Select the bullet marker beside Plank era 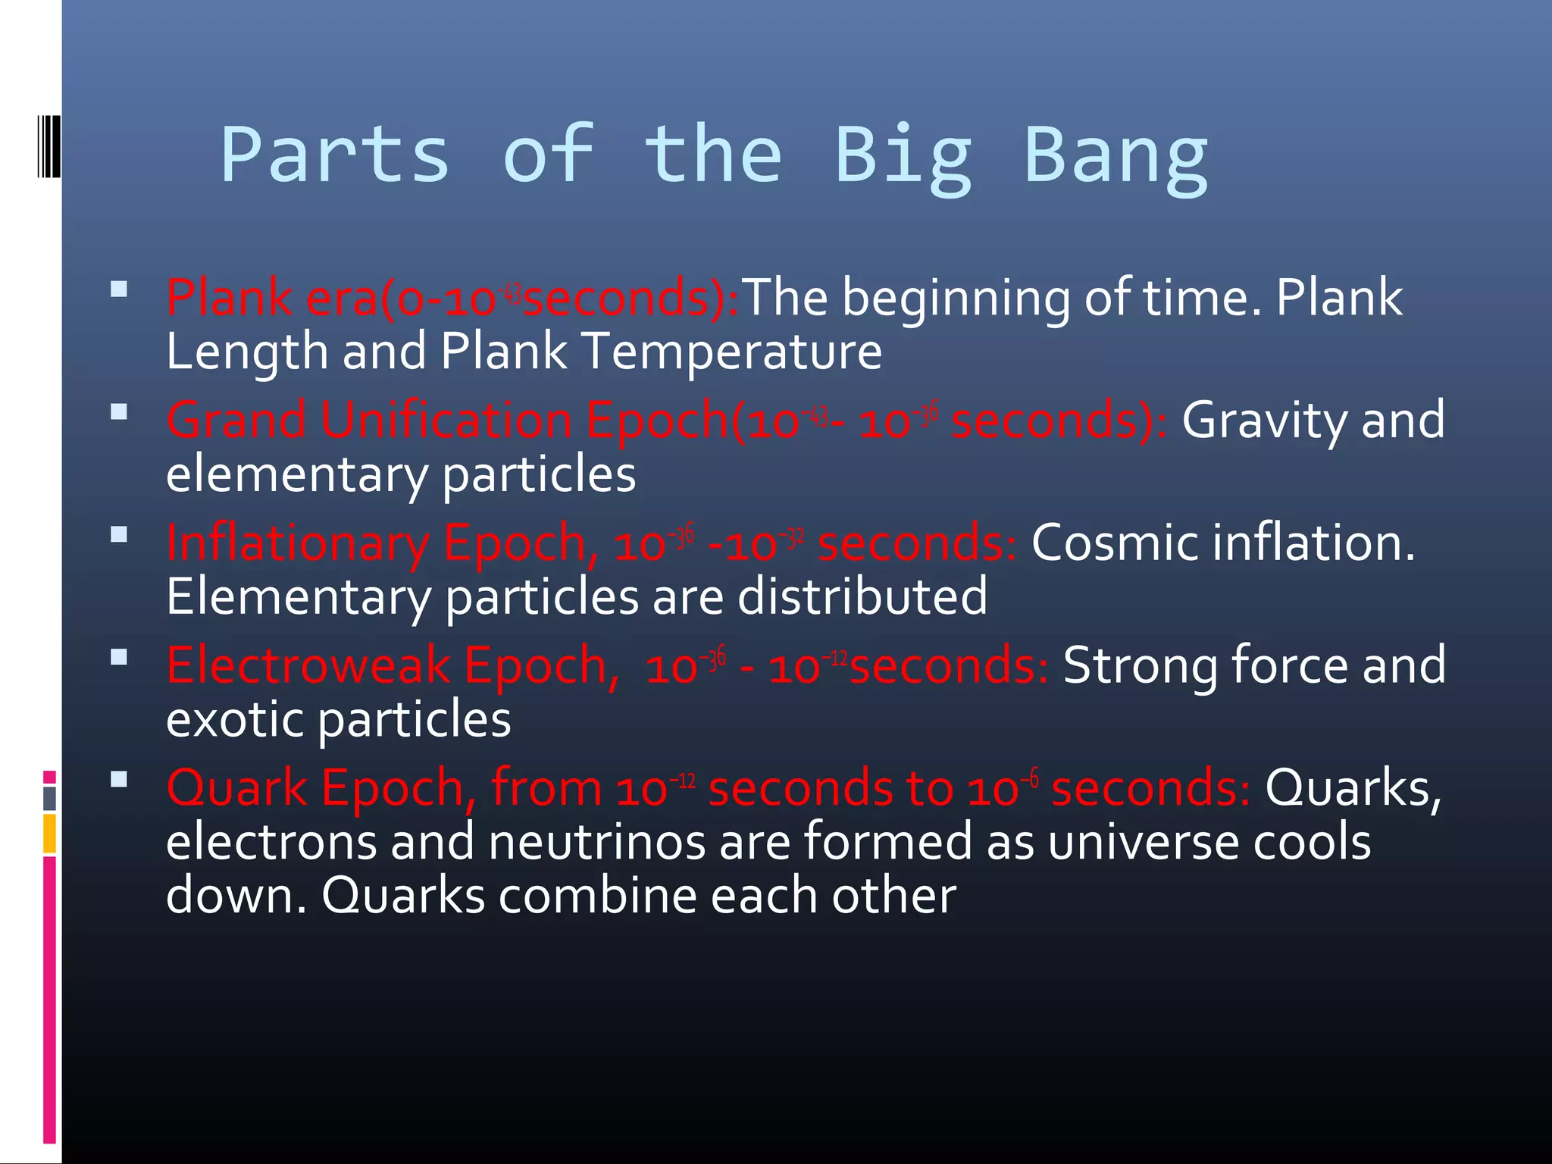click(x=119, y=289)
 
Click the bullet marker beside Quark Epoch click(x=119, y=780)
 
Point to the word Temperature click(x=732, y=352)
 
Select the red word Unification click(x=446, y=420)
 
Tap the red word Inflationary click(x=298, y=544)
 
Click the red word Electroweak click(x=308, y=665)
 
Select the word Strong click(x=1141, y=665)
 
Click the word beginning click(x=956, y=297)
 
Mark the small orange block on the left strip click(x=49, y=833)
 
